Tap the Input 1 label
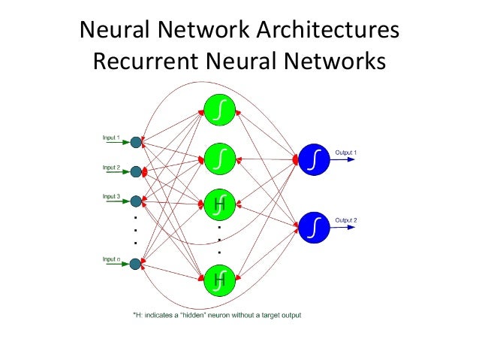[111, 137]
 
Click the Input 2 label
[111, 167]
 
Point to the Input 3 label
[111, 196]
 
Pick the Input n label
[111, 259]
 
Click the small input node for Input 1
[135, 142]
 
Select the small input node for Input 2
[135, 172]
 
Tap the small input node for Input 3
[135, 201]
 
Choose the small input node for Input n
[135, 264]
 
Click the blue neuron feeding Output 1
[314, 159]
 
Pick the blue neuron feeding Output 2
[314, 225]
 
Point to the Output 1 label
[345, 153]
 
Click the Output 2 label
[345, 219]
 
